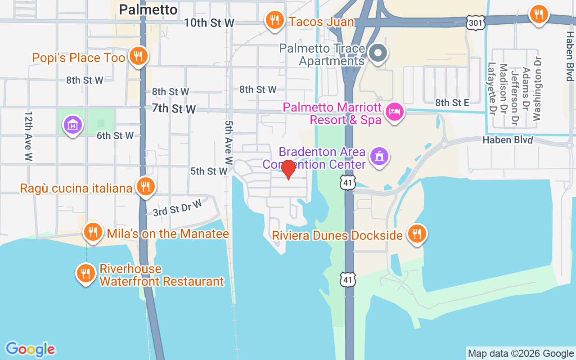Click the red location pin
click(288, 169)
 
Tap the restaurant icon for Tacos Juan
click(273, 20)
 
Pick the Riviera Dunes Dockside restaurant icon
click(417, 234)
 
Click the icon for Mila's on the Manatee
click(93, 232)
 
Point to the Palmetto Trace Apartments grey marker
click(378, 53)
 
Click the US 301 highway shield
click(475, 23)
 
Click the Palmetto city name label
click(148, 9)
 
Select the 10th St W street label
click(209, 22)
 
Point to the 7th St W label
click(174, 108)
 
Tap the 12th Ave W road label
click(29, 136)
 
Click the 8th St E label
click(452, 103)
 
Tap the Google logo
click(30, 349)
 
